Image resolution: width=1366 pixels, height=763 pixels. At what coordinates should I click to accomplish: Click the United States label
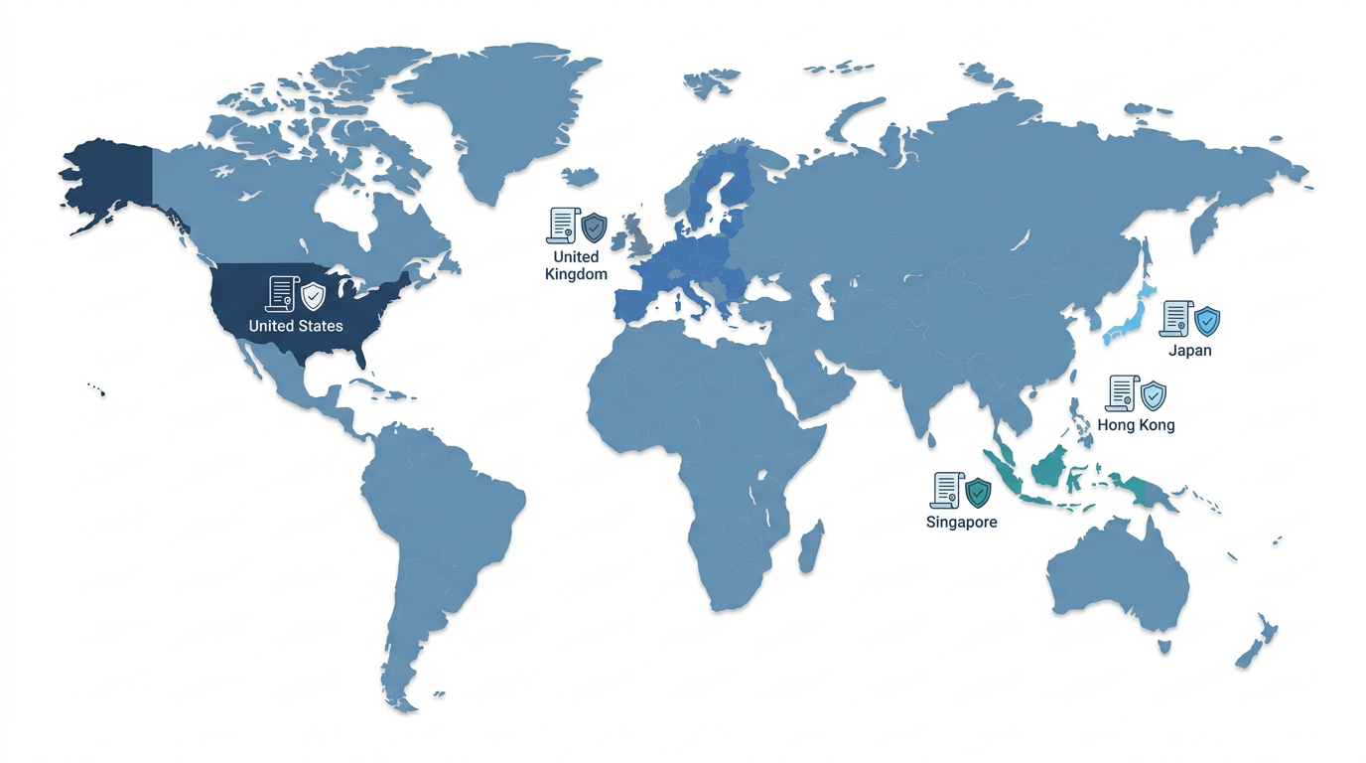pos(296,326)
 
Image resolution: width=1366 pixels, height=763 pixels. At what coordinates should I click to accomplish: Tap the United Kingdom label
pos(576,265)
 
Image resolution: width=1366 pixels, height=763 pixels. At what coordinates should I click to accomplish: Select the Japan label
pos(1189,350)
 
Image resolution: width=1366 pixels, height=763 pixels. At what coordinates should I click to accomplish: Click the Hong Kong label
pos(1136,425)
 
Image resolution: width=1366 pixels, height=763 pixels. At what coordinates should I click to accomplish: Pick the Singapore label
pos(961,522)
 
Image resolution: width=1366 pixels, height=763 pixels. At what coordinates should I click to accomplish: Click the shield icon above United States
pos(314,295)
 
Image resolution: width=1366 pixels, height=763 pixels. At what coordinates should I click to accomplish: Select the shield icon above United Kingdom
pos(594,227)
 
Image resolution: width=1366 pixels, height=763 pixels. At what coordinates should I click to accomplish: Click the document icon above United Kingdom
pos(561,226)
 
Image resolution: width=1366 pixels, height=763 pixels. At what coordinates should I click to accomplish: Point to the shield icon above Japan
pos(1207,320)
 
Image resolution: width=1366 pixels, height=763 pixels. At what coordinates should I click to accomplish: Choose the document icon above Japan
pos(1174,319)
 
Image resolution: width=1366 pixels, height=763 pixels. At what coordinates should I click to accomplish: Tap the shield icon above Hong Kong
pos(1153,395)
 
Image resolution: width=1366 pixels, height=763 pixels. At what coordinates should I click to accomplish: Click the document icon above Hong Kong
pos(1120,394)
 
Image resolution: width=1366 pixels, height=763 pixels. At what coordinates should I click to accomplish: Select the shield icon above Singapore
pos(978,491)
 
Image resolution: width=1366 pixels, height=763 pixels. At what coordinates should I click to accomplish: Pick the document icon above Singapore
pos(945,490)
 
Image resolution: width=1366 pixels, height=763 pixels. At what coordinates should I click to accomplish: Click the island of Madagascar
pos(811,547)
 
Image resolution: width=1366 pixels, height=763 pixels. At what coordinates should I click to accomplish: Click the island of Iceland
pos(582,177)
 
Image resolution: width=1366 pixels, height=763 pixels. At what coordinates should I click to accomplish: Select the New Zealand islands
pos(1257,640)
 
